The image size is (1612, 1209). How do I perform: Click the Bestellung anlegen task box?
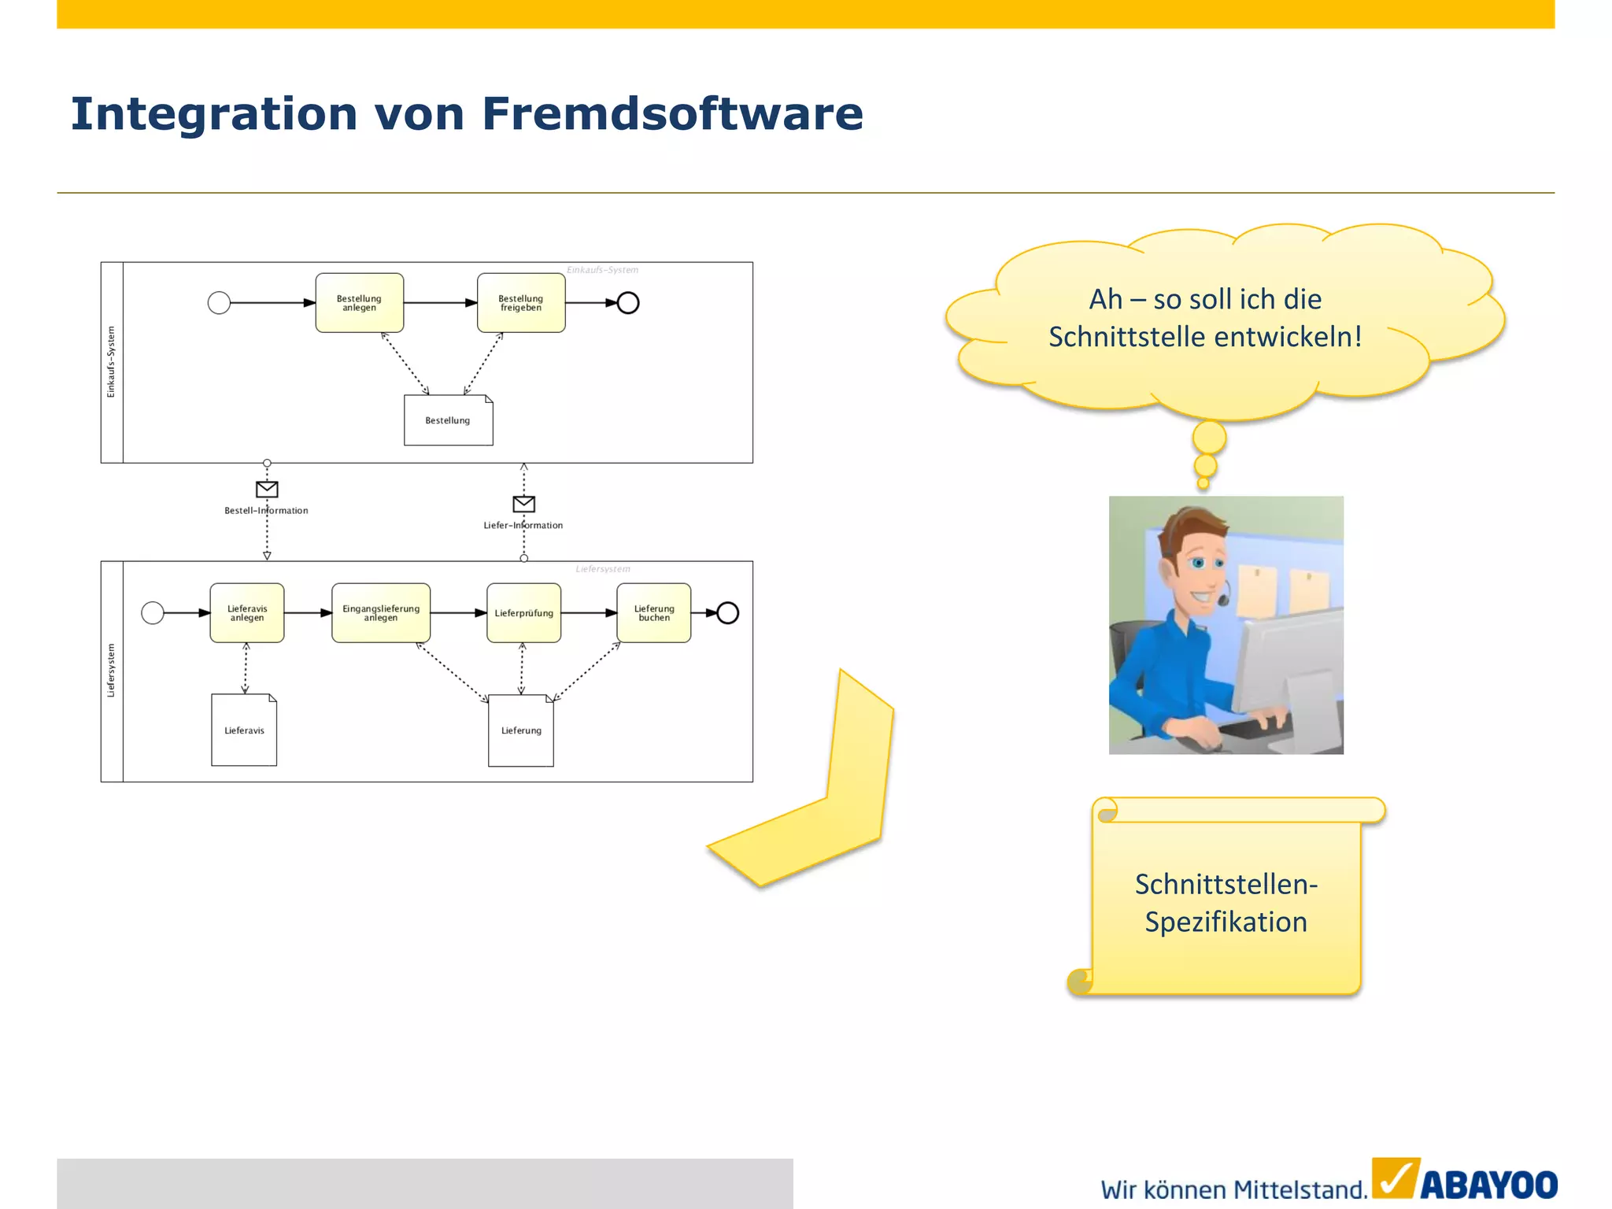[360, 303]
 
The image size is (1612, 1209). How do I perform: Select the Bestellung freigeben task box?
[521, 303]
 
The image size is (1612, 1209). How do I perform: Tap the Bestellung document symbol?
[448, 420]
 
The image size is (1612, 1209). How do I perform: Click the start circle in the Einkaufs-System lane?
[219, 302]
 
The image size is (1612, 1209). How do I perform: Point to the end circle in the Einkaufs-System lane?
[628, 302]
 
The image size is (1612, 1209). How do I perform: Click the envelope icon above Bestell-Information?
[267, 489]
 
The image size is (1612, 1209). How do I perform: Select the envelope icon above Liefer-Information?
[524, 503]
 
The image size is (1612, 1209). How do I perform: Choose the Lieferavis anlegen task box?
[247, 612]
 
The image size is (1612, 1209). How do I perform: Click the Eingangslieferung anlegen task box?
[381, 612]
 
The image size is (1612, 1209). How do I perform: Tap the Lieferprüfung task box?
[524, 612]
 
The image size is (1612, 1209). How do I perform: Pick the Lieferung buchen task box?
[654, 612]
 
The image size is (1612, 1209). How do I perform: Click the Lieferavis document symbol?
[244, 730]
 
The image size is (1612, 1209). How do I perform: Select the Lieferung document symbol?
[521, 730]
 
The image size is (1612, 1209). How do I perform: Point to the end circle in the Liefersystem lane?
[728, 612]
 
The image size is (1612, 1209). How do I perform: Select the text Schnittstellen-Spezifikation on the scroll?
[1226, 903]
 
